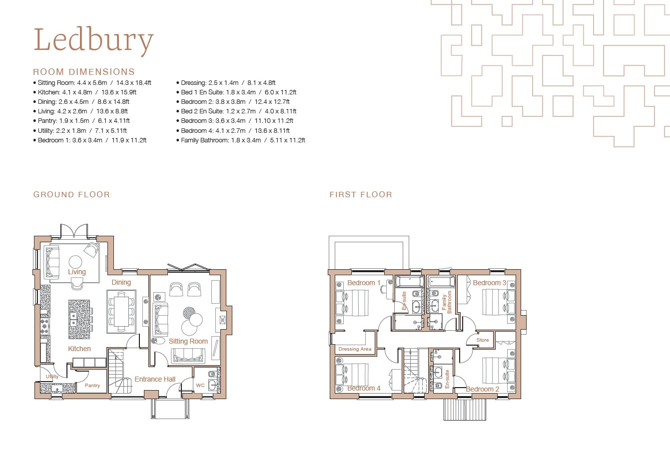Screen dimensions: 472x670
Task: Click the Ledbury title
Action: (93, 40)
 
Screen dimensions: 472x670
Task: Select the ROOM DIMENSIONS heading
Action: (84, 72)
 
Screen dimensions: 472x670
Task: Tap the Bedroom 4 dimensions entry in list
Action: (233, 131)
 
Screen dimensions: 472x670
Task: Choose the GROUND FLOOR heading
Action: (71, 195)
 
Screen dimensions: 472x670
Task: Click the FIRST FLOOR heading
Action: (361, 195)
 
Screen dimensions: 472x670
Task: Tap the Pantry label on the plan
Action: (92, 386)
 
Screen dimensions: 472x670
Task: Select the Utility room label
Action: (52, 377)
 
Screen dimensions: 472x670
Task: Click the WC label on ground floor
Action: (200, 386)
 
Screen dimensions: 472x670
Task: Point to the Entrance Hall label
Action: (155, 379)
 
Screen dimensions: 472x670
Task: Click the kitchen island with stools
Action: (79, 319)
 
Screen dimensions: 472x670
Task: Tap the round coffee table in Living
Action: (75, 262)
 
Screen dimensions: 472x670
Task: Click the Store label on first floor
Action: (483, 340)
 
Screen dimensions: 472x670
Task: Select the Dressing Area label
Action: (355, 349)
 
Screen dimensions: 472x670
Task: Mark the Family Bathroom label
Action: (447, 301)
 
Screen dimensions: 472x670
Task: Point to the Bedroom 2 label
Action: (483, 389)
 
